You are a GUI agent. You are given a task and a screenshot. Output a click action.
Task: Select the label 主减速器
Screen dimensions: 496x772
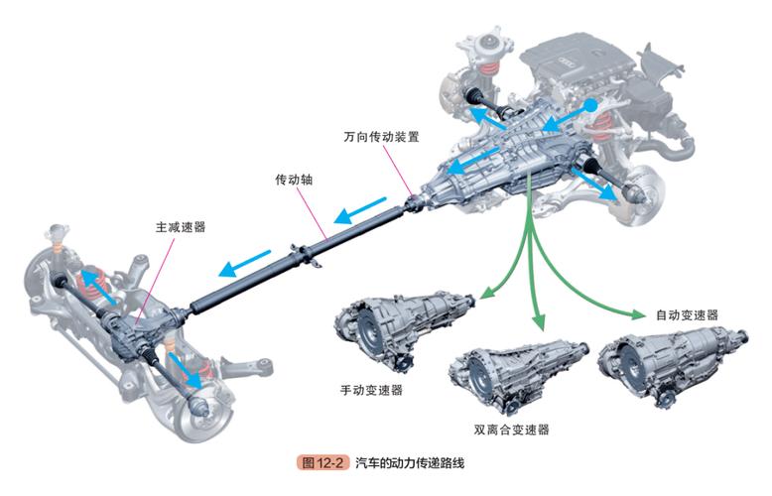[180, 227]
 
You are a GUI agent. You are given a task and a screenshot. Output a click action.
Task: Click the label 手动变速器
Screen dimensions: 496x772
[371, 390]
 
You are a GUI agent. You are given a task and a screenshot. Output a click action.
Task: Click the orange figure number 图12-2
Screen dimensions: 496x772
[323, 464]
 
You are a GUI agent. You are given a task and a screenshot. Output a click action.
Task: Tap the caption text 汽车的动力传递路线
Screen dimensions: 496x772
[415, 464]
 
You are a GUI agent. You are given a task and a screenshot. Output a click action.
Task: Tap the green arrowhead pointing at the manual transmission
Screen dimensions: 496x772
[487, 293]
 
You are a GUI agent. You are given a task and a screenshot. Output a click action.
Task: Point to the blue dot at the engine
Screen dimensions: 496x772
[590, 104]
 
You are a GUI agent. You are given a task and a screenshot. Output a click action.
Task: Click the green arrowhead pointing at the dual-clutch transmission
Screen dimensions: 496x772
[540, 322]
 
